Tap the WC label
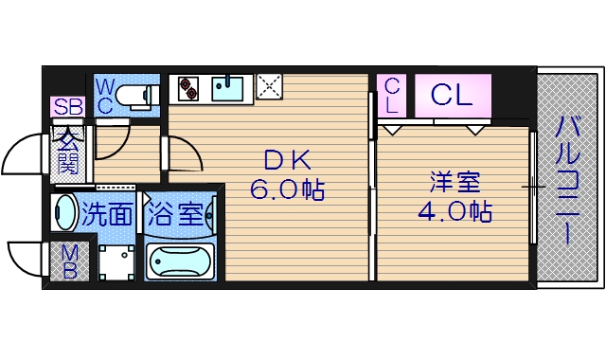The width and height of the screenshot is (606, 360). click(x=105, y=96)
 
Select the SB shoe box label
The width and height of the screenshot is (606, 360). click(x=67, y=107)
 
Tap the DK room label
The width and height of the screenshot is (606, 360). click(x=281, y=161)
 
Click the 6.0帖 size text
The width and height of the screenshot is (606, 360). click(x=287, y=190)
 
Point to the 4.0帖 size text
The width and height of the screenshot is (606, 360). click(x=454, y=211)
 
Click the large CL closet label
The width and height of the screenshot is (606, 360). click(x=452, y=95)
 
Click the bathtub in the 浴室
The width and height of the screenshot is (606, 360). click(x=181, y=260)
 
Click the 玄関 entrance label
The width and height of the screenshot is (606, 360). click(x=68, y=152)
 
